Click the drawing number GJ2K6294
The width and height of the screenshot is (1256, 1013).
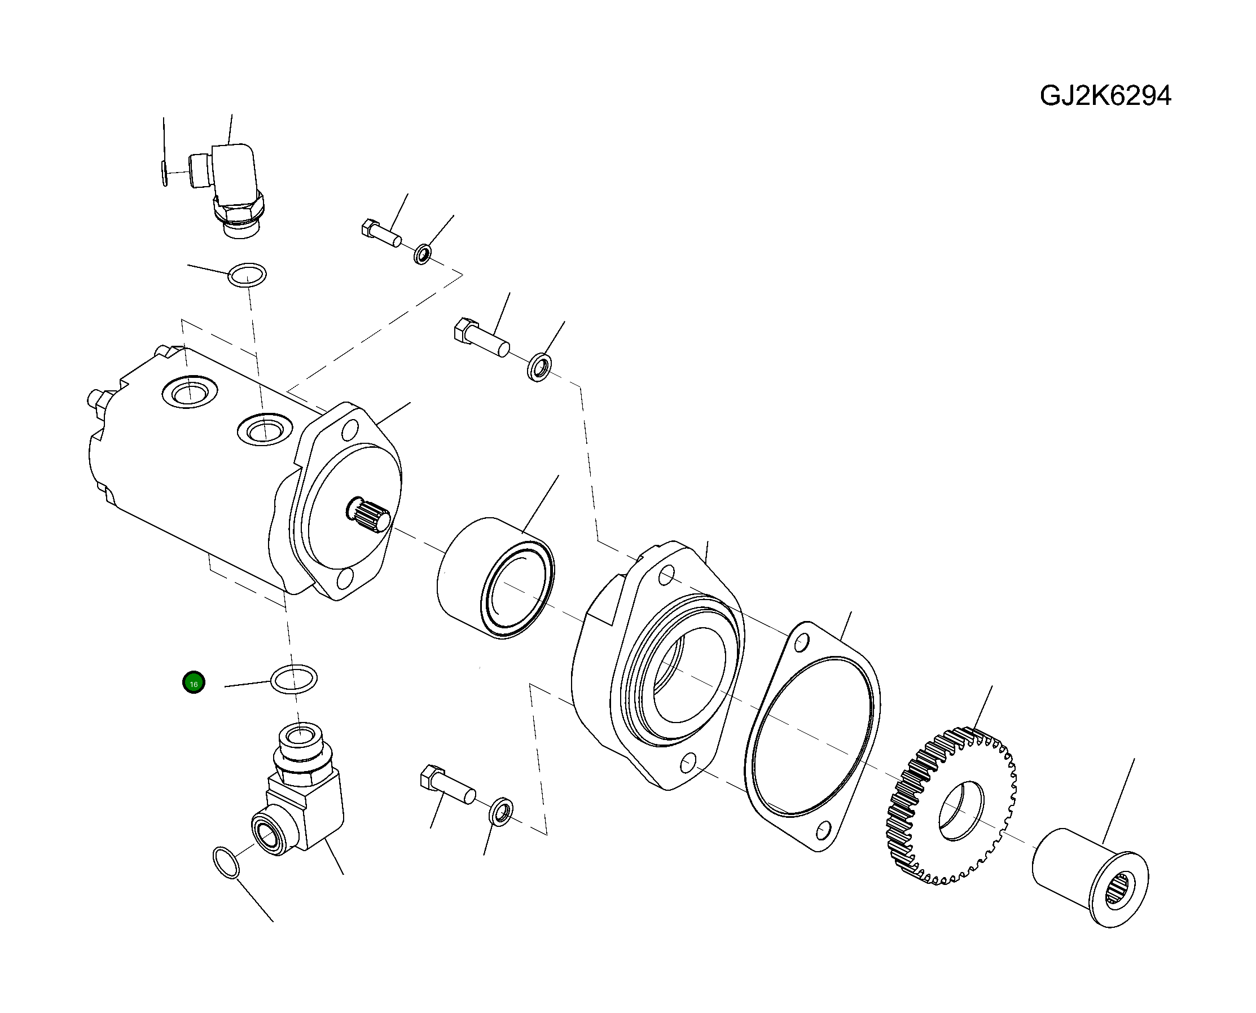pyautogui.click(x=1105, y=96)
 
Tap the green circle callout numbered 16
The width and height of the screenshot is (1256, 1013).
pyautogui.click(x=194, y=682)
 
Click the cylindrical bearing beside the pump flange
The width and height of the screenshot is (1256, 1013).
pyautogui.click(x=495, y=577)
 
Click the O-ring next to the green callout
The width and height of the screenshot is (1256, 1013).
pyautogui.click(x=293, y=679)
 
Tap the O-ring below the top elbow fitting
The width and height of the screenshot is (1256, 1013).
pyautogui.click(x=247, y=275)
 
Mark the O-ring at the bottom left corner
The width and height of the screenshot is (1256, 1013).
pyautogui.click(x=226, y=862)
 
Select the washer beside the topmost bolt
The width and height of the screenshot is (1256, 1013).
pyautogui.click(x=423, y=254)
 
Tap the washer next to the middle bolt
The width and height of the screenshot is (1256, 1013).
pyautogui.click(x=539, y=367)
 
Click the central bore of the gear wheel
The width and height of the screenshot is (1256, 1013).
pyautogui.click(x=960, y=811)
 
